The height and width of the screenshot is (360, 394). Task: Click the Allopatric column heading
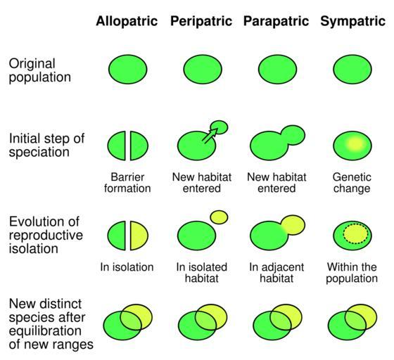coord(127,22)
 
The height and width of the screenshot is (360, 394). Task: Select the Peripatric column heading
coord(201,22)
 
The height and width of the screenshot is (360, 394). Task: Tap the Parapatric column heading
coord(276,22)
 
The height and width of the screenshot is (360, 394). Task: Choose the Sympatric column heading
coord(352,22)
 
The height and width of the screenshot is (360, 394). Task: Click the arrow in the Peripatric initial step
coord(210,136)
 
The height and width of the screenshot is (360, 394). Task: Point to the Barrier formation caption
coord(127,183)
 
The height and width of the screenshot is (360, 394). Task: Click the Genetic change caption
coord(352,183)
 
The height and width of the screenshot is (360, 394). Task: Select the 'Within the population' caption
coord(352,273)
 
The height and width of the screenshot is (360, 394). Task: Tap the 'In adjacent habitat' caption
coord(277,273)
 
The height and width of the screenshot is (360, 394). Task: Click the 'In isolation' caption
coord(127,267)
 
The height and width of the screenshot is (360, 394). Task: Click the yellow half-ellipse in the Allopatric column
coord(139,236)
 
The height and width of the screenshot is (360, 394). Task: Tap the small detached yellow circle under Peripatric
coord(219,217)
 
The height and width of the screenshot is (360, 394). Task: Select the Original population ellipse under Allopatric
coord(128,70)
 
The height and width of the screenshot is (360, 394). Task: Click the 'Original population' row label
coord(39,70)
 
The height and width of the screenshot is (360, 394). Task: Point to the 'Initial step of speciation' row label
coord(46,146)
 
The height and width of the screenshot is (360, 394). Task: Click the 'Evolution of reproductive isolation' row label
coord(46,236)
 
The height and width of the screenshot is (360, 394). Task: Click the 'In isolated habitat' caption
coord(202,273)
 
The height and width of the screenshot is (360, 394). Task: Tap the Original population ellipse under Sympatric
coord(352,70)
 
